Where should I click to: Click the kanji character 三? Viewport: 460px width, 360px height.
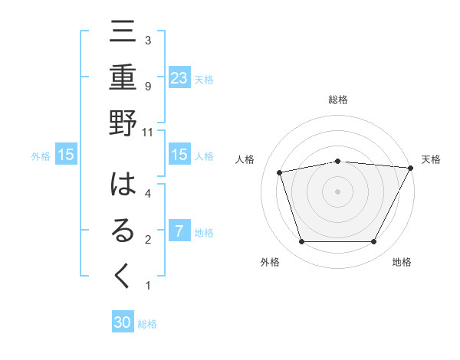[123, 35]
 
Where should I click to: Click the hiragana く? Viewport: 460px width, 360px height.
[123, 276]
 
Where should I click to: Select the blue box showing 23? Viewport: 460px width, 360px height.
[179, 77]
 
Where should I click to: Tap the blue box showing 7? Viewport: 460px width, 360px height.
[179, 231]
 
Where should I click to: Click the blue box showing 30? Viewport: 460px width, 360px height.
[123, 322]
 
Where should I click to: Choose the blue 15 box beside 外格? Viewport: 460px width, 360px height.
[66, 155]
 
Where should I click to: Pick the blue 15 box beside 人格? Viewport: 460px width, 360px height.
[179, 155]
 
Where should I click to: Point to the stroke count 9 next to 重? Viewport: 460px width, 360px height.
[148, 86]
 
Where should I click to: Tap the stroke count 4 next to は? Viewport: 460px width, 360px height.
[148, 194]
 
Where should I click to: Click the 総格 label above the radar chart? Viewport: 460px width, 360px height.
[337, 100]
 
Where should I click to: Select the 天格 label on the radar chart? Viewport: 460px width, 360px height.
[431, 159]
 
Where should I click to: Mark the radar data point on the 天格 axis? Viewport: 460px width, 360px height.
[411, 168]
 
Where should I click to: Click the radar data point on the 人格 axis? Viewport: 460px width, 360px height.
[280, 172]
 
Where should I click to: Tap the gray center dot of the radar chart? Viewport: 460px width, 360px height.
[337, 191]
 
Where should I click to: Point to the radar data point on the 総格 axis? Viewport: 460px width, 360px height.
[337, 161]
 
